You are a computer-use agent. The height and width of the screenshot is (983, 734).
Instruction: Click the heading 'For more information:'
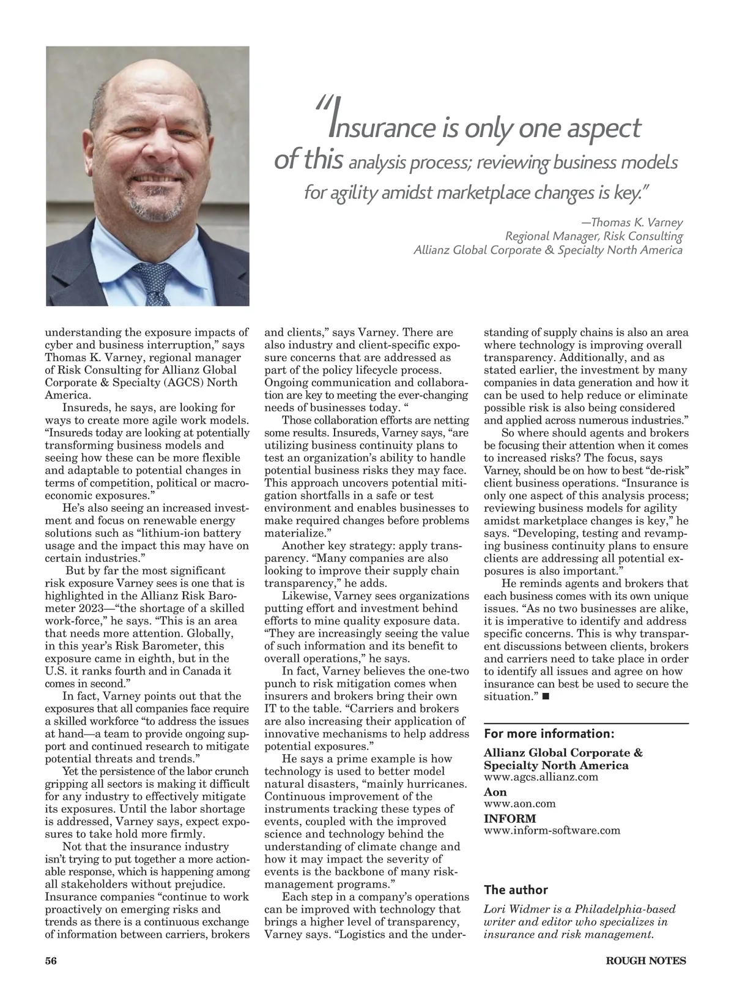point(549,733)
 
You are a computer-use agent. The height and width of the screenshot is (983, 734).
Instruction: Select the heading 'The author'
point(516,889)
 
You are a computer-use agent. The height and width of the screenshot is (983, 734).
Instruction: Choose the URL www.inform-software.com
point(552,831)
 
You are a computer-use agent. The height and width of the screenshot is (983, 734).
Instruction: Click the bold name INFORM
point(510,818)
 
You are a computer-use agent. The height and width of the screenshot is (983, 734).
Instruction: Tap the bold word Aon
point(495,792)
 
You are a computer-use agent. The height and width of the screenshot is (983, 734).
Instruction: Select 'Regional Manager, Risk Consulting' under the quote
point(593,236)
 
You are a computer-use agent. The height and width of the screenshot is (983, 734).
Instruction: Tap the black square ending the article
point(545,697)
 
